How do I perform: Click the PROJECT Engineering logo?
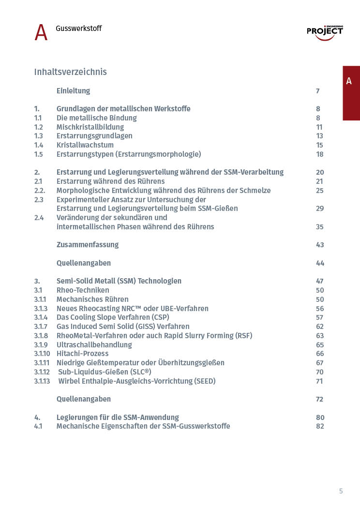click(325, 32)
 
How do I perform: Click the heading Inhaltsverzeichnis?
click(70, 72)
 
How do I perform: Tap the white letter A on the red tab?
click(349, 81)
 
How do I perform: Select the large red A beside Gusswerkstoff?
click(41, 33)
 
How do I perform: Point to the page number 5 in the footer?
click(341, 491)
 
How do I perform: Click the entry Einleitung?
click(73, 91)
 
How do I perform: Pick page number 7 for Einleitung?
click(318, 91)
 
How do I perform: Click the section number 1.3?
click(38, 136)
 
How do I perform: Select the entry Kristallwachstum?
click(85, 145)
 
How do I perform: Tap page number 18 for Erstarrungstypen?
click(320, 154)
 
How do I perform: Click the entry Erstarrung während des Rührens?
click(111, 181)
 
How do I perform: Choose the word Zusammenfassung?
click(88, 245)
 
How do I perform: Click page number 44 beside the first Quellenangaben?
click(320, 263)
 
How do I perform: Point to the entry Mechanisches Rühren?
click(92, 299)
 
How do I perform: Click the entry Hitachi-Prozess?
click(83, 354)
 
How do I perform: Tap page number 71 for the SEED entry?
click(319, 381)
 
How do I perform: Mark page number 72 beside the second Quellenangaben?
click(319, 399)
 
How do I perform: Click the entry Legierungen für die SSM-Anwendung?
click(118, 418)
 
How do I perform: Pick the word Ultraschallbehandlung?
click(94, 345)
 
